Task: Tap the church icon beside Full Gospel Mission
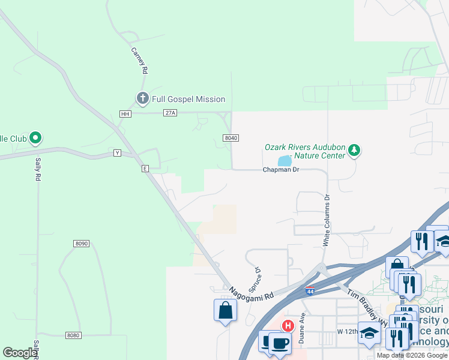pos(142,98)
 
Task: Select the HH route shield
pos(125,113)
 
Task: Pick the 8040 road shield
pos(231,138)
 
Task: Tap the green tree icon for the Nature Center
pos(354,149)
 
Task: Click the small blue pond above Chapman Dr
pos(285,161)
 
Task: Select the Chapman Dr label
pos(280,170)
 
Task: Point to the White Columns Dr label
pos(327,220)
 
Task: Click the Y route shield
pos(118,154)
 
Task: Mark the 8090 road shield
pos(82,243)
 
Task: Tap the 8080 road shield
pos(73,335)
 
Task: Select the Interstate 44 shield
pos(310,291)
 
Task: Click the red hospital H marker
pos(288,326)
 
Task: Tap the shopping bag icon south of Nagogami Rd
pos(225,310)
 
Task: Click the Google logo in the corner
pos(20,353)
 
